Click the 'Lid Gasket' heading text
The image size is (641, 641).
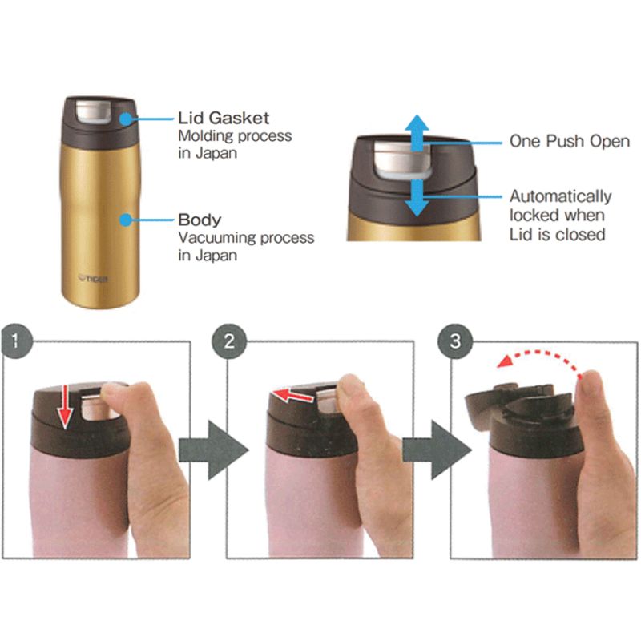point(224,118)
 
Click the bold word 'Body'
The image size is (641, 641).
point(200,220)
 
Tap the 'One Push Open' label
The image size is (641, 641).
point(570,142)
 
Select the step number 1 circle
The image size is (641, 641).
point(16,341)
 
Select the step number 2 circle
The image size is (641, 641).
point(229,341)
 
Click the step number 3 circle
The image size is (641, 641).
point(455,341)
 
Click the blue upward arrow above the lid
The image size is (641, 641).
point(417,133)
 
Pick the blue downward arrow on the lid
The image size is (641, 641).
point(417,198)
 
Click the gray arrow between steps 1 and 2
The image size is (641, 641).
point(213,450)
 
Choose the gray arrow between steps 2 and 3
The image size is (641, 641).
point(437,450)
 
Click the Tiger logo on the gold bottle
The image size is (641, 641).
point(93,279)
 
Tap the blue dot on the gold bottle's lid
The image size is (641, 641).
point(127,119)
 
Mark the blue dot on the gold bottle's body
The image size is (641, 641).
point(127,220)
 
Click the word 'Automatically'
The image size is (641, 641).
point(560,196)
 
